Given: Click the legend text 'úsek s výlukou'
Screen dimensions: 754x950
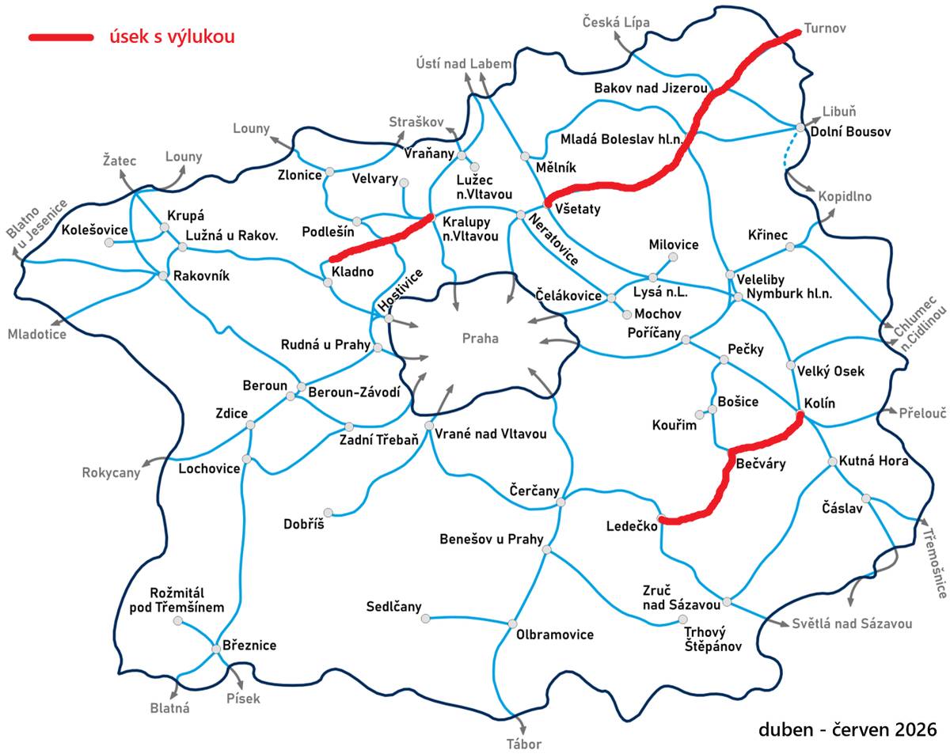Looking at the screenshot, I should (172, 36).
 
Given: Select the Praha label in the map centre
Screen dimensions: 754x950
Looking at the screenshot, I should (481, 338).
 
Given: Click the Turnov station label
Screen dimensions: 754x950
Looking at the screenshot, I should (825, 28).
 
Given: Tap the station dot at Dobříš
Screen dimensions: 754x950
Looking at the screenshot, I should (329, 512).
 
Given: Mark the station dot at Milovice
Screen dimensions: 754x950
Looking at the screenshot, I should (673, 257).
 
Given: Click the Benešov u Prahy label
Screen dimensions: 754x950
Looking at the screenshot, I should (491, 540).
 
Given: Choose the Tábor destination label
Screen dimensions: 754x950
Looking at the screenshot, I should (523, 744).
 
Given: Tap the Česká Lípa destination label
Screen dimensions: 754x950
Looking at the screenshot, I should (616, 22).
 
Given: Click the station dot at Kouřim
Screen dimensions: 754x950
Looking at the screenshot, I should (699, 414).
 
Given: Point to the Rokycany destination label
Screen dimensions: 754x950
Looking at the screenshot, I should (111, 473).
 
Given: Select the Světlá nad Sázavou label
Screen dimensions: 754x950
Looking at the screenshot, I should (852, 623).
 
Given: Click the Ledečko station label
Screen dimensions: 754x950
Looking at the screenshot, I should (630, 525).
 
